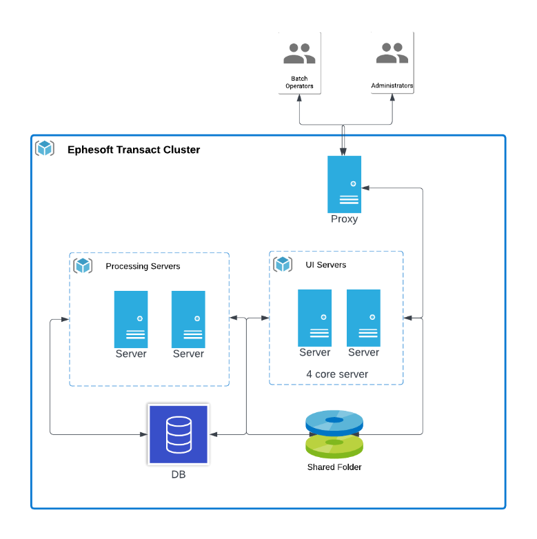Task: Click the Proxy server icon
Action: tap(344, 184)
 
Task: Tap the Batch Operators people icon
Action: tap(299, 54)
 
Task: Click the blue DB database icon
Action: tap(179, 434)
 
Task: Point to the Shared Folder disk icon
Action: tap(334, 434)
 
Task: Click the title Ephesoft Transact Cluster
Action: tap(134, 150)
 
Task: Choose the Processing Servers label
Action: tap(143, 266)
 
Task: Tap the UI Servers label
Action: tap(326, 265)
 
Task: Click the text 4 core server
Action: tap(337, 374)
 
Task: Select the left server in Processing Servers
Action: tap(131, 319)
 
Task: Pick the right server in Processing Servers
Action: tap(188, 319)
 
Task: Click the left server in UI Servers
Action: tap(314, 318)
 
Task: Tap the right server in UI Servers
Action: tap(363, 318)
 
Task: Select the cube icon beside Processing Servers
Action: tap(83, 265)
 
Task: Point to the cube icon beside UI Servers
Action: tap(283, 264)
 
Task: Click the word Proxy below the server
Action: tap(344, 219)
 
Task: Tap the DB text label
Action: tap(179, 475)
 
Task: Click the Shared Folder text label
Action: tap(334, 467)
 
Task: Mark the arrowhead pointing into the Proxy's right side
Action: tap(365, 187)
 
